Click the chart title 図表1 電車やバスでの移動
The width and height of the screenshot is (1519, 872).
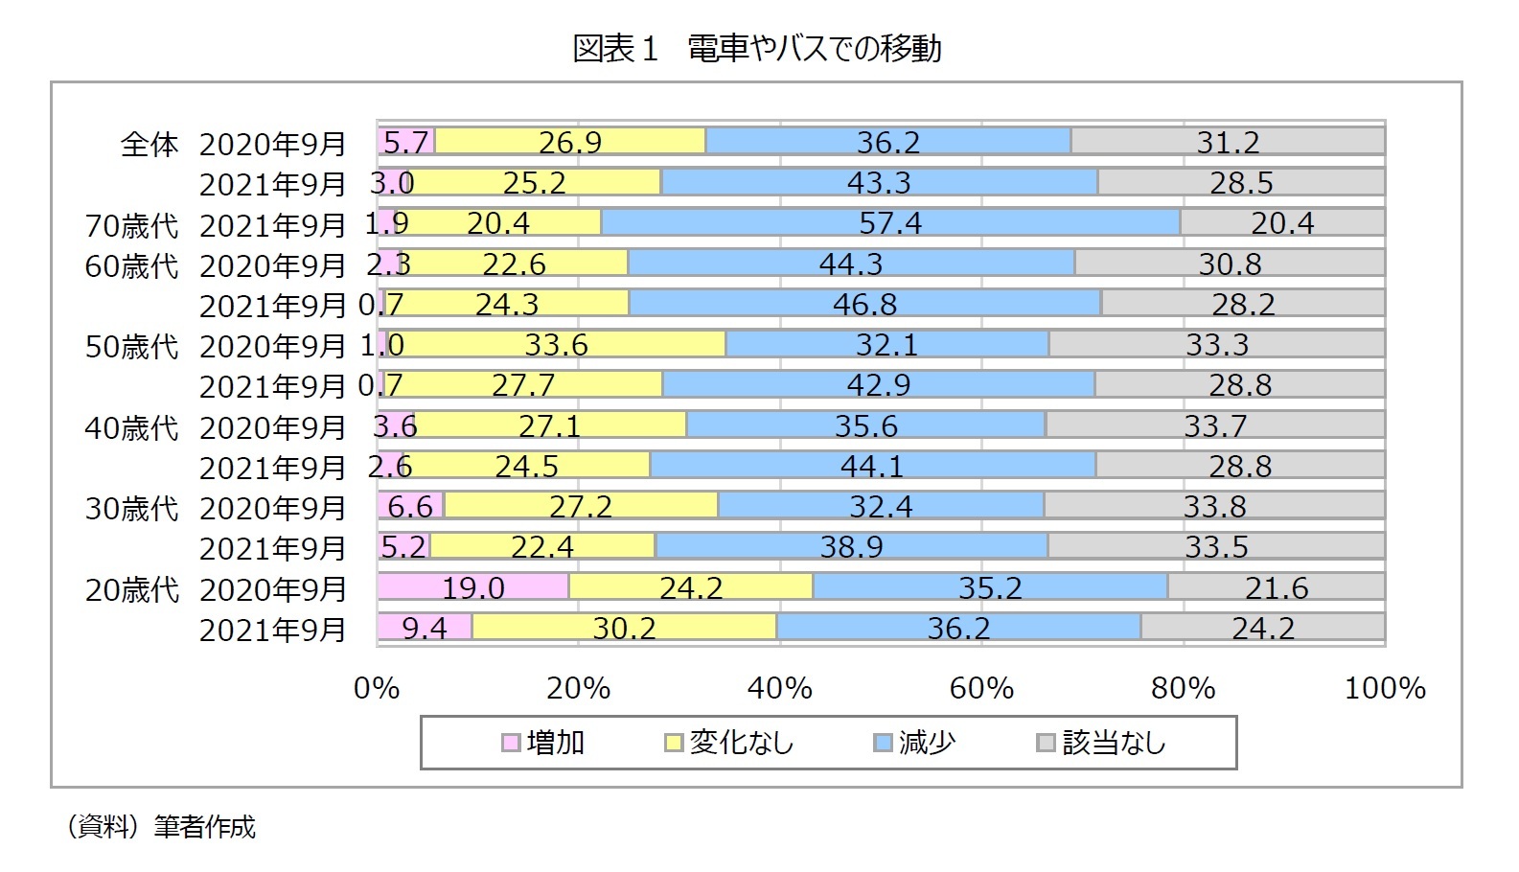[757, 48]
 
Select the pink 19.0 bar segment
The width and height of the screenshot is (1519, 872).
[473, 586]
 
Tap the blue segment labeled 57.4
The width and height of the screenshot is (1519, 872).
[890, 222]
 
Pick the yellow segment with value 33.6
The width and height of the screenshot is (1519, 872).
[557, 344]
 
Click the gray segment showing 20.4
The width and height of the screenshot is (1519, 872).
[1282, 222]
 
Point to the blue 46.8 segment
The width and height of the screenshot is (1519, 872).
[864, 304]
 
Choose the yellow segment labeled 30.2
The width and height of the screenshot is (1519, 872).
[624, 627]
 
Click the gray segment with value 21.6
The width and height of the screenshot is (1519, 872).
[1276, 586]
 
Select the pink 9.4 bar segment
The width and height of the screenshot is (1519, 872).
[425, 627]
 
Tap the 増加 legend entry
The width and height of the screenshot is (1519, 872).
[543, 743]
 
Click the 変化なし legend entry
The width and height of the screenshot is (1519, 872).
[729, 743]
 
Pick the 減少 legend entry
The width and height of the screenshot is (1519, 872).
[915, 743]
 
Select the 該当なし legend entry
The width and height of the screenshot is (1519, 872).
[1102, 743]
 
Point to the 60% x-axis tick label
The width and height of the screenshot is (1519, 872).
[981, 688]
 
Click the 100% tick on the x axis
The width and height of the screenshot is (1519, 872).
[1385, 688]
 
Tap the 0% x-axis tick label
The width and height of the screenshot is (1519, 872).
[377, 688]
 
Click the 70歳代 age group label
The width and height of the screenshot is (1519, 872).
[132, 225]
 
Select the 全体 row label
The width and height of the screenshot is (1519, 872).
[150, 144]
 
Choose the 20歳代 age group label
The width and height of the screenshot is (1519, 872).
[132, 589]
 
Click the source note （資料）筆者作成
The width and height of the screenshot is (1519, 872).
[161, 826]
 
